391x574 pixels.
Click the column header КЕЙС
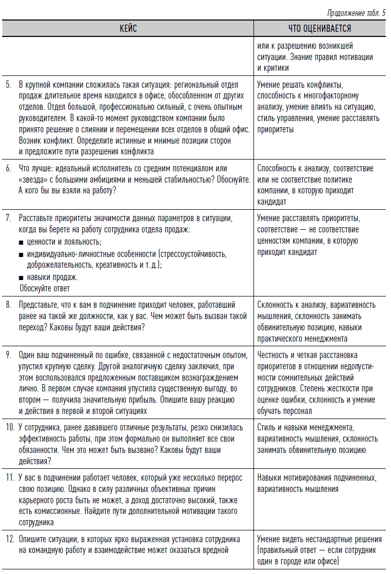129,28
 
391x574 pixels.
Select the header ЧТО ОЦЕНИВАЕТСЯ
320,28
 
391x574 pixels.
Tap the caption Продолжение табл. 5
356,13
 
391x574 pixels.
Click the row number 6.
9,169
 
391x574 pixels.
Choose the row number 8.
9,305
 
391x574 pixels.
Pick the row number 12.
10,540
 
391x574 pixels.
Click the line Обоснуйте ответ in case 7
45,288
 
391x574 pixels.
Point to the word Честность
275,355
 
